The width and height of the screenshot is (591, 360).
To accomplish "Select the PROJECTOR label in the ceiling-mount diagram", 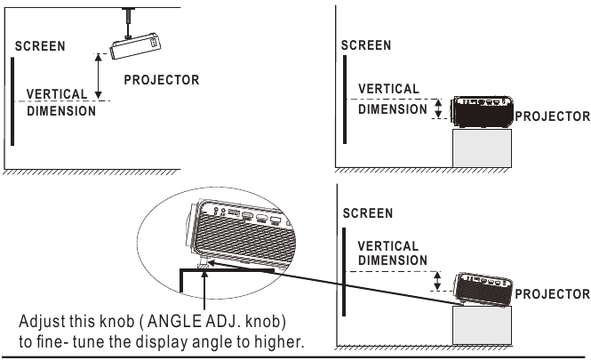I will click(161, 79).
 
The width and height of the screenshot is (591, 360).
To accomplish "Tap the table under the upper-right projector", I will click(483, 148).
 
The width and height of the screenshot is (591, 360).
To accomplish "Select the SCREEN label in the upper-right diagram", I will click(366, 43).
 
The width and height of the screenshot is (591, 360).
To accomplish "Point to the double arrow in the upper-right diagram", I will click(436, 108).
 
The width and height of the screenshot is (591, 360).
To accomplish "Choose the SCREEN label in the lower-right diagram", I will click(366, 215).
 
